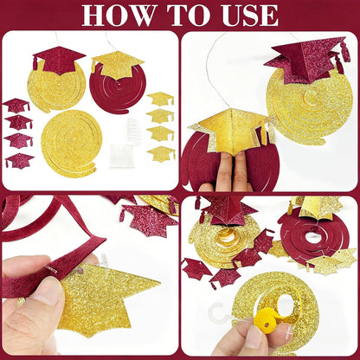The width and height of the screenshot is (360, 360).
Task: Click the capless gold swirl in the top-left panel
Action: coord(68,141)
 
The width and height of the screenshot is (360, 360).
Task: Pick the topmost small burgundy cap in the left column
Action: coord(16,106)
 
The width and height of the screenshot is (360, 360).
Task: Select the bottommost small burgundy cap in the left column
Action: coord(20,161)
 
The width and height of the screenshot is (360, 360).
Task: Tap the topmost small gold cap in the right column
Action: coord(160,99)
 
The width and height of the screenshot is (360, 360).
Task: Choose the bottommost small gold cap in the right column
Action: coord(162,153)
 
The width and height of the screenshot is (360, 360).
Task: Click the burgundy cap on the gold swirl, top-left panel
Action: coord(60,60)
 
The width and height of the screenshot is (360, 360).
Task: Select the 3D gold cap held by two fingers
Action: coord(231,129)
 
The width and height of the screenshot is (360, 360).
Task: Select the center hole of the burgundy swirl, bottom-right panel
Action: coord(312,237)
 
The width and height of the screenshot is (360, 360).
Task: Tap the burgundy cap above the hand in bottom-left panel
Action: coord(148,220)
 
